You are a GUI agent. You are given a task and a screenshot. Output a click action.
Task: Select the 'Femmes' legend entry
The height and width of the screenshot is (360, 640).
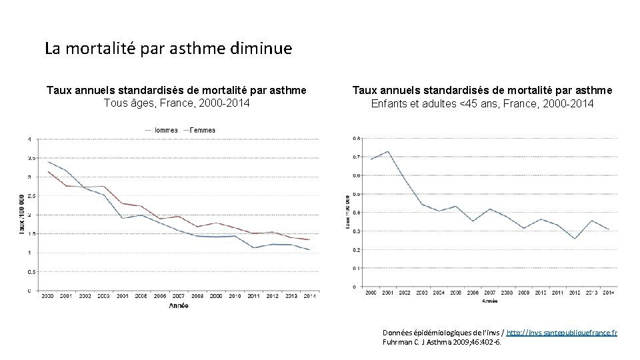[x=202, y=130]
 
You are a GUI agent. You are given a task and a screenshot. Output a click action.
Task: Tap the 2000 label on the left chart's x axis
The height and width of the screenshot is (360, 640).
[x=47, y=295]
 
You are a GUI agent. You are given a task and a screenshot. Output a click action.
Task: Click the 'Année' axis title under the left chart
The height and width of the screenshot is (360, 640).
[x=178, y=306]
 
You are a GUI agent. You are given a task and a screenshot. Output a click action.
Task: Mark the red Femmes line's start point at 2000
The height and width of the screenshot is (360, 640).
[x=48, y=171]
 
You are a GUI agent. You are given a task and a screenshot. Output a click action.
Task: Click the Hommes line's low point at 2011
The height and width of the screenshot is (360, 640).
[x=254, y=248]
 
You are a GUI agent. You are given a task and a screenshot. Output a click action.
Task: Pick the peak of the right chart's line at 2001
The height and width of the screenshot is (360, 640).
[x=388, y=151]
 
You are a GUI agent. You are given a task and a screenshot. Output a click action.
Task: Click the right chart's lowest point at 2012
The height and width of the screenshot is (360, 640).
[x=574, y=239]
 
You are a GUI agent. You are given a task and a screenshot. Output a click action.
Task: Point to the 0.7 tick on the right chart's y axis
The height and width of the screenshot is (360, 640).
[x=357, y=157]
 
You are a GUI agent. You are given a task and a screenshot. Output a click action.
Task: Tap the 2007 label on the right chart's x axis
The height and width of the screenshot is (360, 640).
[x=489, y=292]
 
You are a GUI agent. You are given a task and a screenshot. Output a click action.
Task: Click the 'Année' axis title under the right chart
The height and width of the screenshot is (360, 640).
[x=490, y=301]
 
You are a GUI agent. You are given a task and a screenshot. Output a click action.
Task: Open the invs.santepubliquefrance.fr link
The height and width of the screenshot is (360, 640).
[x=561, y=332]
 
